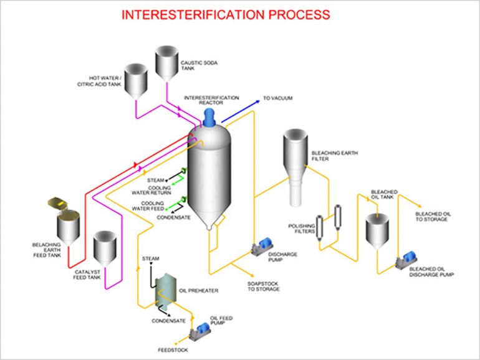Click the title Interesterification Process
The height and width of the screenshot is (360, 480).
pyautogui.click(x=226, y=14)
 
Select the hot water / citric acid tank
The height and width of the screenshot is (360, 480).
pyautogui.click(x=134, y=80)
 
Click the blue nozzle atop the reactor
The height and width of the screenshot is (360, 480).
pyautogui.click(x=209, y=114)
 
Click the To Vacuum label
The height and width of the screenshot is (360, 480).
pyautogui.click(x=278, y=98)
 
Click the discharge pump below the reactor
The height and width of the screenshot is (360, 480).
pyautogui.click(x=259, y=247)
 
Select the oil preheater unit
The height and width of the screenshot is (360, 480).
pyautogui.click(x=165, y=291)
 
